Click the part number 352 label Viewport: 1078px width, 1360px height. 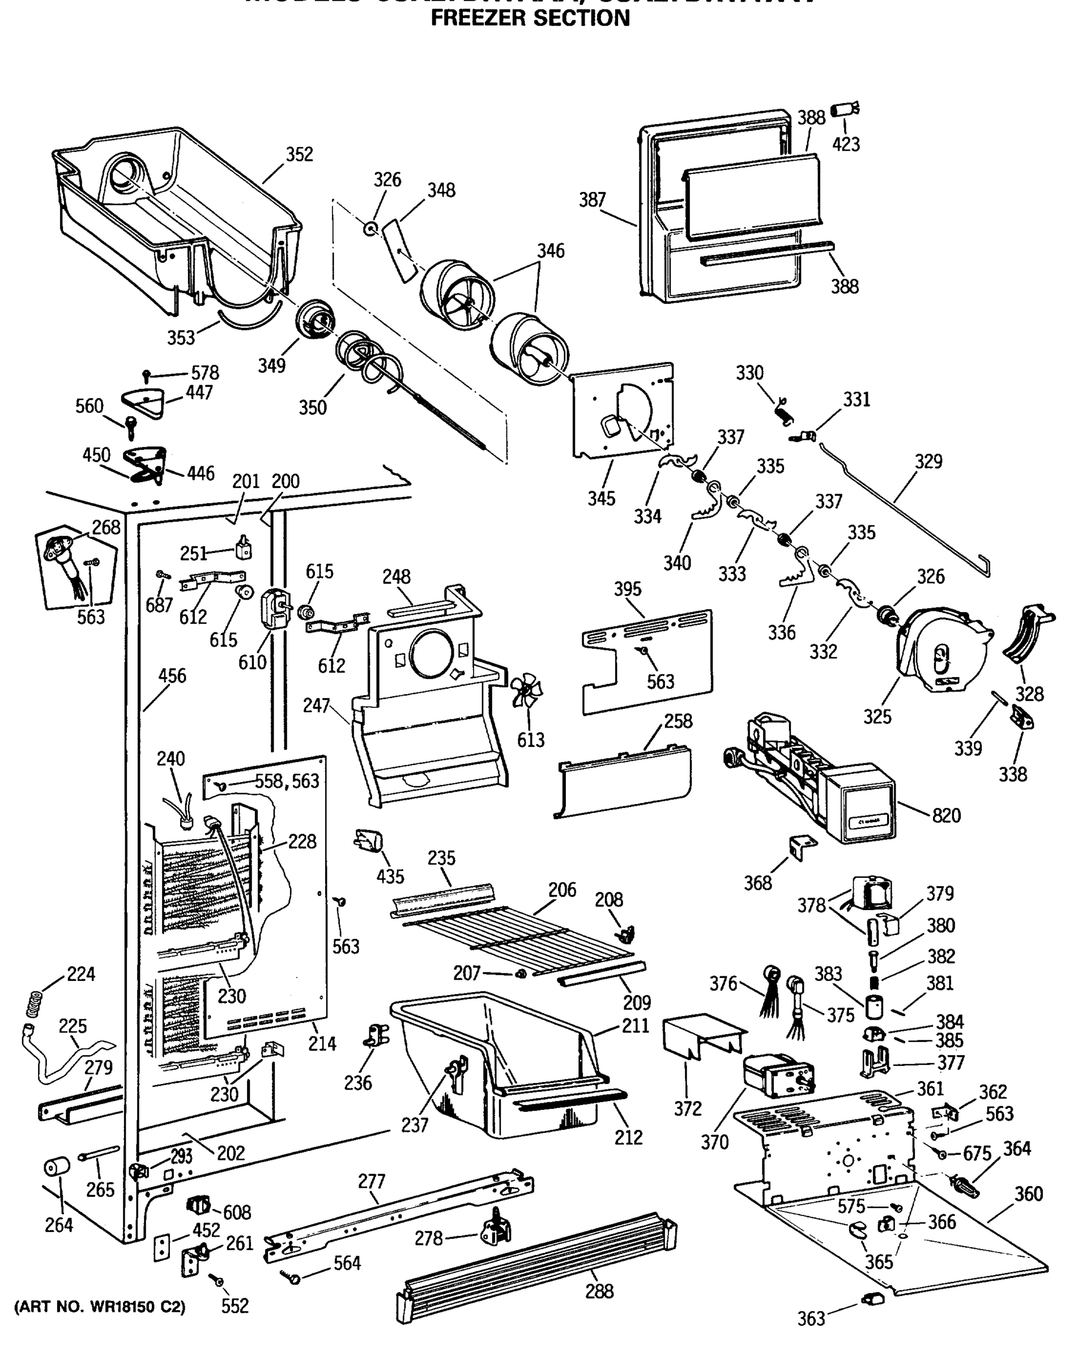pyautogui.click(x=299, y=155)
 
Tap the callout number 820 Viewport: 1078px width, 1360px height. pyautogui.click(x=945, y=815)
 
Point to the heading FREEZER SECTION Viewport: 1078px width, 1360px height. pyautogui.click(x=530, y=18)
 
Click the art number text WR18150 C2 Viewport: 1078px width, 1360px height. pyautogui.click(x=100, y=1307)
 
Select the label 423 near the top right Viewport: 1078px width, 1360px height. pyautogui.click(x=845, y=144)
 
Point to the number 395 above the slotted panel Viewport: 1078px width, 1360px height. pyautogui.click(x=627, y=589)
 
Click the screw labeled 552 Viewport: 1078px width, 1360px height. pyautogui.click(x=218, y=1281)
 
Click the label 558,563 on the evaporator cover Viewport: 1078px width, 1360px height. pyautogui.click(x=287, y=781)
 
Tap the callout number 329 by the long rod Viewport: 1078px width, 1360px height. pyautogui.click(x=928, y=461)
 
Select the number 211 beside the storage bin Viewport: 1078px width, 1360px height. pyautogui.click(x=635, y=1026)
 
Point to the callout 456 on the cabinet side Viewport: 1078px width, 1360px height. pyautogui.click(x=172, y=676)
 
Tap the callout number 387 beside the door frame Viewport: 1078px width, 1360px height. pyautogui.click(x=592, y=200)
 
